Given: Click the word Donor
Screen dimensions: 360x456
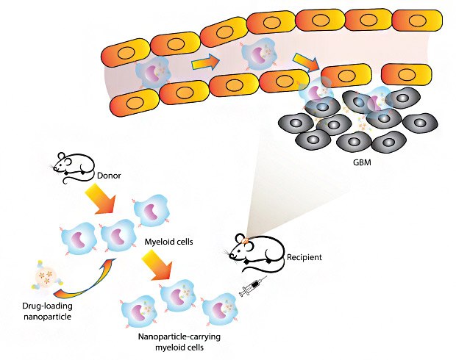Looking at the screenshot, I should (110, 176).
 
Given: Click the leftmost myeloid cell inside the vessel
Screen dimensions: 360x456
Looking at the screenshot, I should (152, 73).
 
